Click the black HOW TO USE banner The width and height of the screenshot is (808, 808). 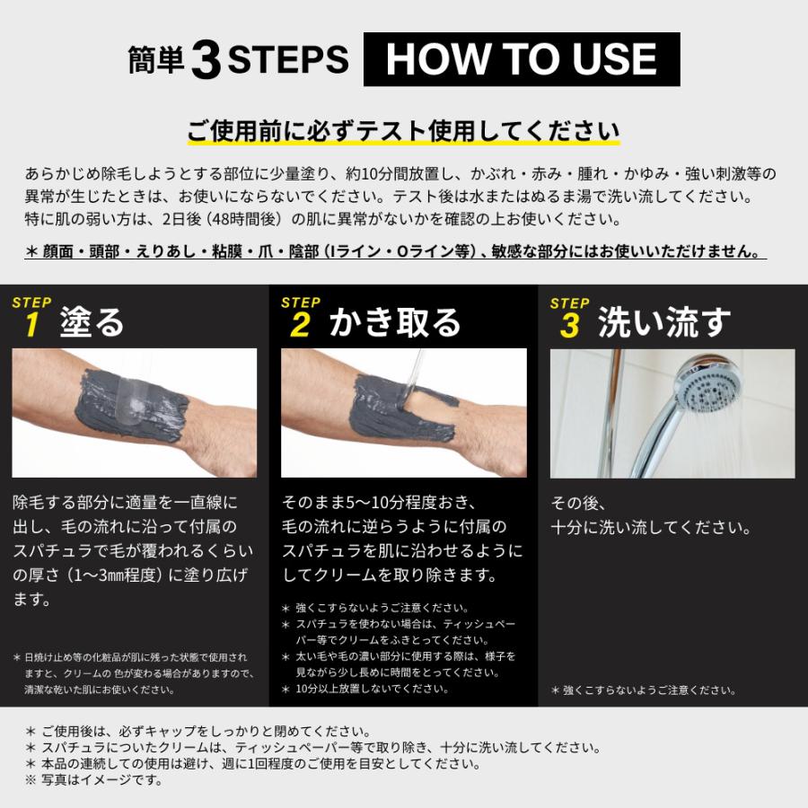pos(521,59)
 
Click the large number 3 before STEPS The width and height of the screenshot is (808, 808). pos(206,61)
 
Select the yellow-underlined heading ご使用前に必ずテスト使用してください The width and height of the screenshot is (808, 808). pos(403,131)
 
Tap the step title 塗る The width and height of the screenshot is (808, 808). pos(92,322)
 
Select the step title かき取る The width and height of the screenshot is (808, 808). pos(394,322)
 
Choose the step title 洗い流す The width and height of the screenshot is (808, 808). pos(664,322)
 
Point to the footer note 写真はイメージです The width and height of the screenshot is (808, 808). pos(101,779)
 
